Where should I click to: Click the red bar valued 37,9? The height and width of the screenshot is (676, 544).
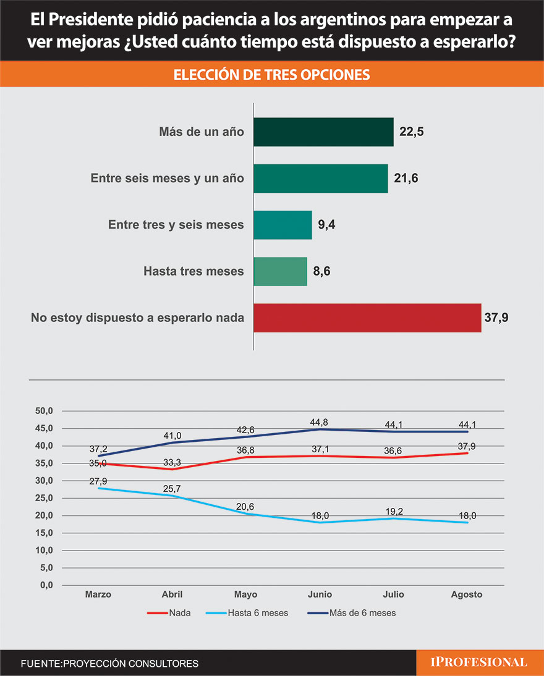pos(367,318)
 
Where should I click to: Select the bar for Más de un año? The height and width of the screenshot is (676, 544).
pos(323,132)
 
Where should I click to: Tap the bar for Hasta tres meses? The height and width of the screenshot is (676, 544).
pos(280,271)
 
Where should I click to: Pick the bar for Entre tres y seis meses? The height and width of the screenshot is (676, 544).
pos(283,225)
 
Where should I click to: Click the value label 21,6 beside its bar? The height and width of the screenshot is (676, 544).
pos(406,179)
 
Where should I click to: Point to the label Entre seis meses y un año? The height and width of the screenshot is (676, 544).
pos(167,179)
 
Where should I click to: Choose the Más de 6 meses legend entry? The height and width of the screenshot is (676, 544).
pos(351,614)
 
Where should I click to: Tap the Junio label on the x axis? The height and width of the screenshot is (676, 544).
pos(320,594)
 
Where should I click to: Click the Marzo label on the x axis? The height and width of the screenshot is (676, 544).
pos(98,594)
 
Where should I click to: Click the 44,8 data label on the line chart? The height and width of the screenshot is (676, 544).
pos(319,422)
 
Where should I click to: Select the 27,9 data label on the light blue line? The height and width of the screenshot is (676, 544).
pos(99,480)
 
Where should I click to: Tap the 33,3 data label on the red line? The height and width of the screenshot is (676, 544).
pos(172,462)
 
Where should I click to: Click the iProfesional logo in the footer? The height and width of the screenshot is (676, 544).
pos(479,662)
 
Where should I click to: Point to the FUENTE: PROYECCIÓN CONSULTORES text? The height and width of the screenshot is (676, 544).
pos(109,664)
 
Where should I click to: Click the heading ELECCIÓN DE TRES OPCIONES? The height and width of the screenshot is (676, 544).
pos(272,75)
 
